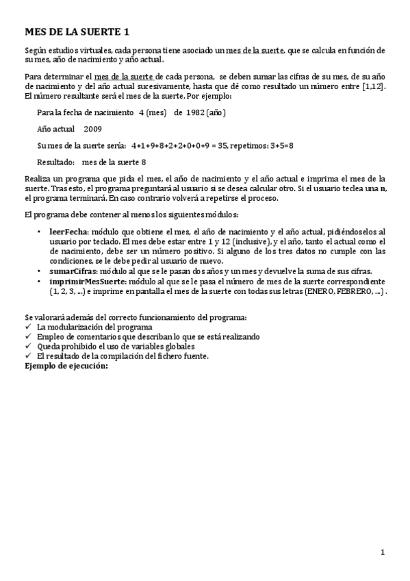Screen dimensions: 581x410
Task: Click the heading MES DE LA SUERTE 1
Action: point(77,32)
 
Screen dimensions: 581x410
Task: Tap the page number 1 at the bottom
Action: point(383,552)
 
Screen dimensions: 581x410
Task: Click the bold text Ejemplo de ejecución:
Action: point(66,366)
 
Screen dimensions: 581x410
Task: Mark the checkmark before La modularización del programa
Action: point(27,327)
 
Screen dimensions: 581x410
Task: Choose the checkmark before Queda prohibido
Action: point(27,347)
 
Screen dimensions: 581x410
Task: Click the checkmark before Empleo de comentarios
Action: point(27,336)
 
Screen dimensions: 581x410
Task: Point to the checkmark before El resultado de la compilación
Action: point(27,356)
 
